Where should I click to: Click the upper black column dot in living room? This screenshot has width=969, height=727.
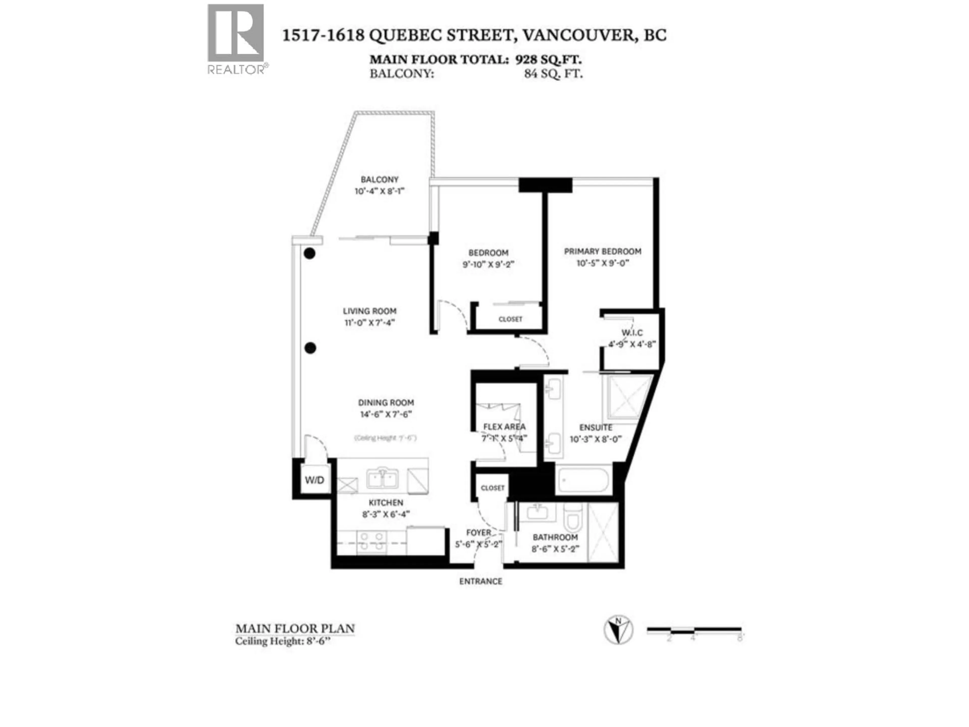click(310, 253)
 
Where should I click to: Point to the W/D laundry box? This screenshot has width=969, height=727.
click(314, 480)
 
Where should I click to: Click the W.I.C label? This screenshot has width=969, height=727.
click(632, 333)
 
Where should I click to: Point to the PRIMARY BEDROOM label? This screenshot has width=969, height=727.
click(602, 251)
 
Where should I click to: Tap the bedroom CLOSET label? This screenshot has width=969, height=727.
click(510, 319)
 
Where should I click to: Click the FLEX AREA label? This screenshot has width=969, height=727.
click(504, 426)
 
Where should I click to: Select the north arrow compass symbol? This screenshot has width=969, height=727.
click(618, 630)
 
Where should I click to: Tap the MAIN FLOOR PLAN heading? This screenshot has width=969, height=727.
click(295, 629)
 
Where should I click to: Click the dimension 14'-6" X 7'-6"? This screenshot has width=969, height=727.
click(386, 414)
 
